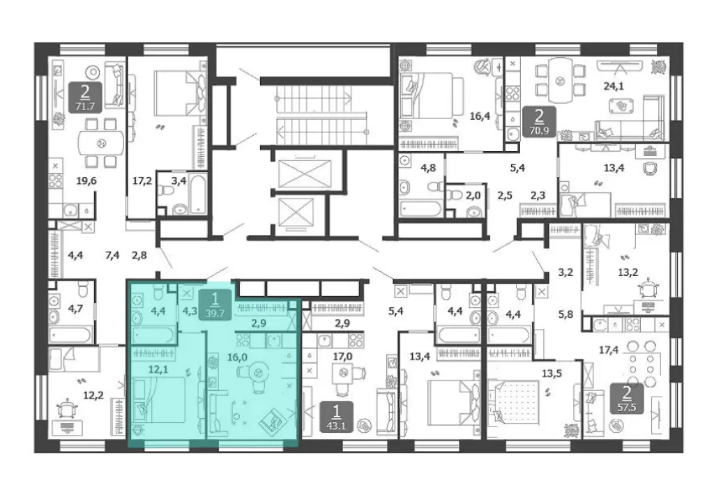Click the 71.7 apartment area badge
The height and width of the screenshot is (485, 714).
click(x=84, y=98)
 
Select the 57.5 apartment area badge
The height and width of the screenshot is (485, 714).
click(x=627, y=398)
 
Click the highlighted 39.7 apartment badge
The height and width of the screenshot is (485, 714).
click(x=215, y=305)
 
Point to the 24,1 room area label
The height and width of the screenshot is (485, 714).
click(x=614, y=86)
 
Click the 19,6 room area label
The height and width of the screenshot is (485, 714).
click(x=86, y=181)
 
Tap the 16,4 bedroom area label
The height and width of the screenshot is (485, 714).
click(x=480, y=116)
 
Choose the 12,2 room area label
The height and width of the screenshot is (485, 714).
click(x=93, y=395)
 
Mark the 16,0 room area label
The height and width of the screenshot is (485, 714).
click(x=237, y=357)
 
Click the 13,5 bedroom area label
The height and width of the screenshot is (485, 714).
click(x=552, y=374)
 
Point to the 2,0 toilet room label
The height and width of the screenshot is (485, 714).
click(x=473, y=196)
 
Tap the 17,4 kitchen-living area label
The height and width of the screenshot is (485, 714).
click(x=609, y=351)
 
